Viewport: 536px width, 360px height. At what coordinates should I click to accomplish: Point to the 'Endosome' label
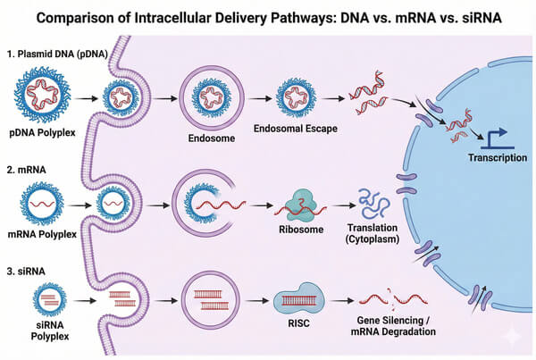coord(211,138)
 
